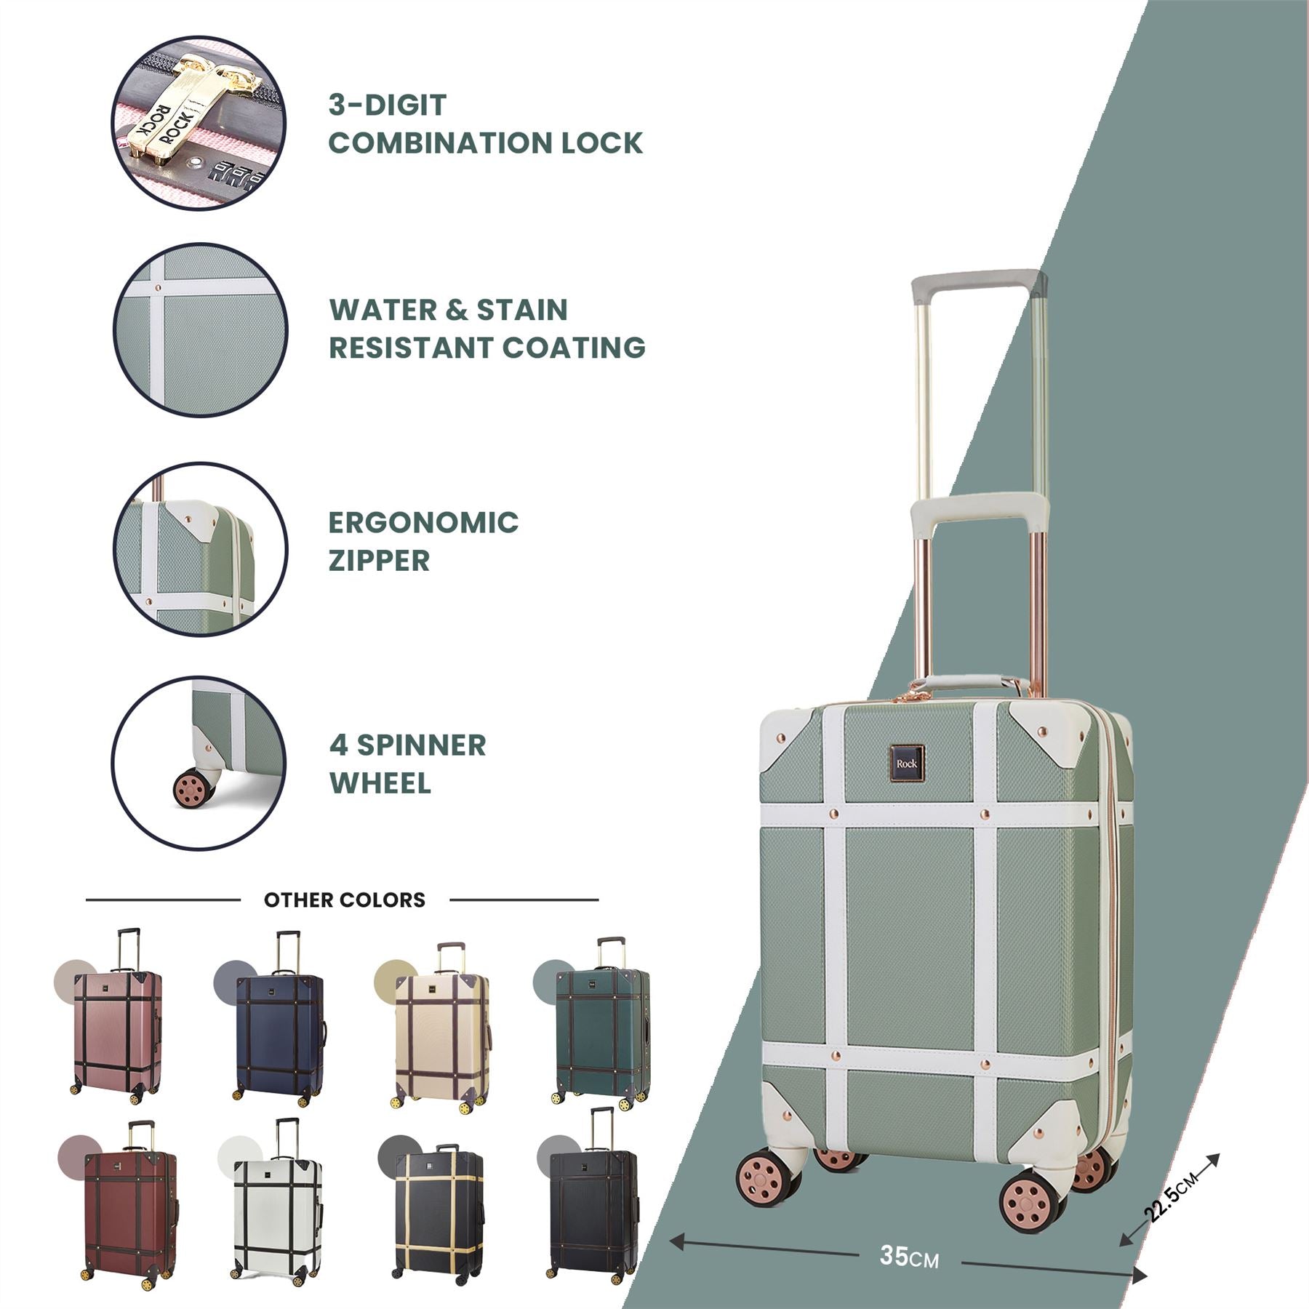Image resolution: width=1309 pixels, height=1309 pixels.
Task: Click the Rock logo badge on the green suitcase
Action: pos(906,764)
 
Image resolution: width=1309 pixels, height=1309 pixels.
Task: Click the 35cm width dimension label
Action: pos(908,1256)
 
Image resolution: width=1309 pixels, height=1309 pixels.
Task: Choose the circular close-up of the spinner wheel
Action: pos(199,763)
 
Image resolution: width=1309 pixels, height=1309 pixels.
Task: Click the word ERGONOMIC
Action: pos(423,523)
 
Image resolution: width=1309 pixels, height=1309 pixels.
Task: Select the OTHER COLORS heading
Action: pos(344,900)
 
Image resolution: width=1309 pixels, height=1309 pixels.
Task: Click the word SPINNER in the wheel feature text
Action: pos(421,745)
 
